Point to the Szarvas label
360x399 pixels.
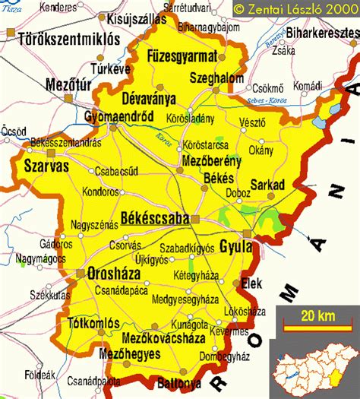click(x=25, y=164)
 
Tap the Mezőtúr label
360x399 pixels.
click(x=67, y=84)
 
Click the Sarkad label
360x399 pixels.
click(x=265, y=184)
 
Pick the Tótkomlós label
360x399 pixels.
click(x=95, y=321)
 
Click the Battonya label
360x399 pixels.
click(x=181, y=383)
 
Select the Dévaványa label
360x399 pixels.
click(x=148, y=99)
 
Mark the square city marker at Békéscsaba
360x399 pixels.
click(x=195, y=219)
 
